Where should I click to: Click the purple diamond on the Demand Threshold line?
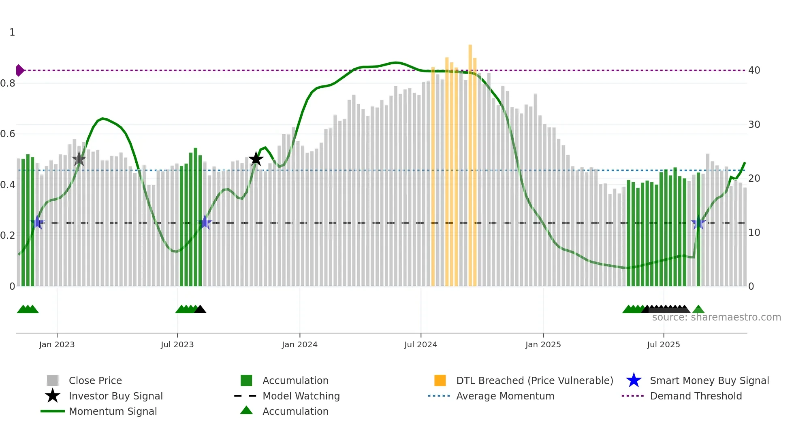click(x=19, y=70)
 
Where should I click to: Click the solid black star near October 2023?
click(x=256, y=159)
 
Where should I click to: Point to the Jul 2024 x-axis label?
click(x=420, y=344)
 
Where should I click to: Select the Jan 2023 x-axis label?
click(x=57, y=344)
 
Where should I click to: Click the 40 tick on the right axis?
click(x=754, y=70)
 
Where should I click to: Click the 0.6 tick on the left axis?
click(x=8, y=134)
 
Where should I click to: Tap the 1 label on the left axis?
click(x=12, y=32)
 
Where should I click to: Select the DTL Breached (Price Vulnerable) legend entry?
click(x=534, y=380)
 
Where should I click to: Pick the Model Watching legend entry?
click(x=301, y=396)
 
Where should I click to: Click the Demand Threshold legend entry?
click(x=696, y=396)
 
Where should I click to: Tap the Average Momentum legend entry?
click(x=505, y=396)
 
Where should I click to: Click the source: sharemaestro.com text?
click(x=716, y=317)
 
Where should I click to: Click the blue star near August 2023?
click(x=205, y=223)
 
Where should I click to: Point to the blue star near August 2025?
click(x=698, y=223)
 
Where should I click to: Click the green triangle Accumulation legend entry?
click(x=295, y=411)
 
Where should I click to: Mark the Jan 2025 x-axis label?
click(x=543, y=344)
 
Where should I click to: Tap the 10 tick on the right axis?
click(x=754, y=233)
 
